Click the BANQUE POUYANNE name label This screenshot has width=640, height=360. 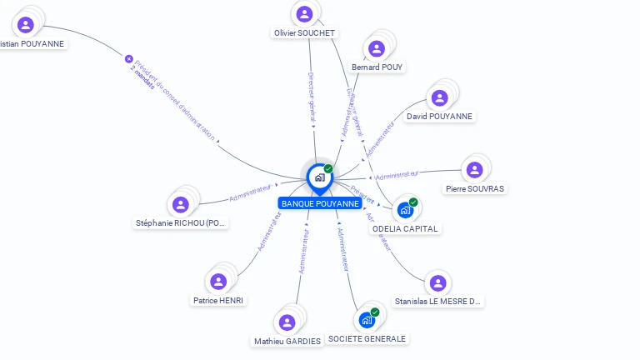click(x=320, y=203)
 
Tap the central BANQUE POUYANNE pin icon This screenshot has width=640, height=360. click(x=319, y=177)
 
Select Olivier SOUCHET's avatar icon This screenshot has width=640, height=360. click(x=304, y=13)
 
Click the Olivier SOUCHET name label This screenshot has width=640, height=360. click(x=304, y=33)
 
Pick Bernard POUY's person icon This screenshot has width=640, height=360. click(x=377, y=47)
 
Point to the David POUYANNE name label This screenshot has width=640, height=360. click(x=439, y=117)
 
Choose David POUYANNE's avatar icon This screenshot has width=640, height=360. click(x=440, y=97)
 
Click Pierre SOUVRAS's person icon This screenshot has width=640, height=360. click(x=475, y=169)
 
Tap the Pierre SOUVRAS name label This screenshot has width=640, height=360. click(x=475, y=189)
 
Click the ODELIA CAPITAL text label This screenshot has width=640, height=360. click(x=405, y=228)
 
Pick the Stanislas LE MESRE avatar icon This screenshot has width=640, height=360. click(x=437, y=283)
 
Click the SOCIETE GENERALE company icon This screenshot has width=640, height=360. click(x=367, y=319)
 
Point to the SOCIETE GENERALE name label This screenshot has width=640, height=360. click(x=367, y=339)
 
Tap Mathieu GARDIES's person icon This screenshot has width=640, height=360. click(x=287, y=322)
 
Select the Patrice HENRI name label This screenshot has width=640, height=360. click(x=219, y=300)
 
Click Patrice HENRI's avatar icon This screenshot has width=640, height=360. click(x=219, y=281)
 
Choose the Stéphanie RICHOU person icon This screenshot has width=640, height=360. click(x=181, y=204)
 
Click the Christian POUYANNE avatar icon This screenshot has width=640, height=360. click(x=26, y=24)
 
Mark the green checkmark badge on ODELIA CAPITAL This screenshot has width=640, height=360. click(x=413, y=202)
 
